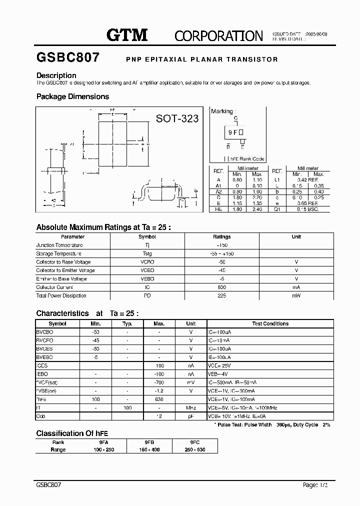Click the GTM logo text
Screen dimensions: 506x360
pyautogui.click(x=127, y=35)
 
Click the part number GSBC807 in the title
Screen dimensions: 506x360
pyautogui.click(x=68, y=57)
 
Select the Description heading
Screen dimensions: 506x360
pyautogui.click(x=56, y=75)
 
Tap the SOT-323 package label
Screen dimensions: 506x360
pyautogui.click(x=177, y=118)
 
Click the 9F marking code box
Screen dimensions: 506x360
pyautogui.click(x=235, y=132)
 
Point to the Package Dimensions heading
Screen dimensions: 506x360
pyautogui.click(x=72, y=96)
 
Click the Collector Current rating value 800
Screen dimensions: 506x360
pyautogui.click(x=222, y=287)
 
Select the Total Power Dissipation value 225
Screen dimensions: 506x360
pyautogui.click(x=222, y=296)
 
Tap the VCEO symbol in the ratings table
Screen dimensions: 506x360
pyautogui.click(x=147, y=270)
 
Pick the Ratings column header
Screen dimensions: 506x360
pyautogui.click(x=222, y=237)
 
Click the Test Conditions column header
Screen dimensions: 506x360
pyautogui.click(x=270, y=324)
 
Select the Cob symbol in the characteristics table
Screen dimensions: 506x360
pyautogui.click(x=40, y=416)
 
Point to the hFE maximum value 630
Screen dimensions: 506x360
pyautogui.click(x=159, y=399)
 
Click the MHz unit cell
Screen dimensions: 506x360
pyautogui.click(x=191, y=408)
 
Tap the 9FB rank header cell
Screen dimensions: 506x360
pyautogui.click(x=149, y=442)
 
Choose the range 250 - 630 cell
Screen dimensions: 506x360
pyautogui.click(x=195, y=449)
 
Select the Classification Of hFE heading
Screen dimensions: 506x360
pyautogui.click(x=72, y=433)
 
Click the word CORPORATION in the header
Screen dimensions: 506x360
pyautogui.click(x=218, y=36)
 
